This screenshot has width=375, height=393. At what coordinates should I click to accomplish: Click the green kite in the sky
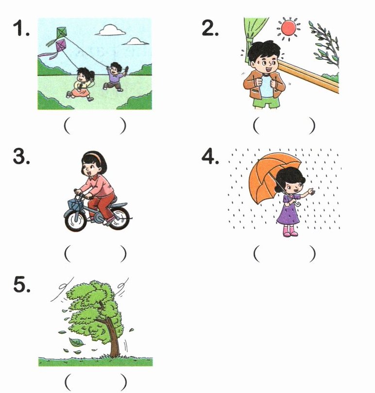(x=61, y=33)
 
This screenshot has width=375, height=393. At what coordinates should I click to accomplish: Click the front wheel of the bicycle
(x=75, y=221)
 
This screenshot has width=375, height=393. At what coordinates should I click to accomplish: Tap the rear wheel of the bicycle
(x=120, y=219)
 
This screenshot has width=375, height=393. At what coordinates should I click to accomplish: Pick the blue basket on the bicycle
(x=76, y=204)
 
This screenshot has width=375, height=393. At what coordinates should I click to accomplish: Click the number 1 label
(x=21, y=28)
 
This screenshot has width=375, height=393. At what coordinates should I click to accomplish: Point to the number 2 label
(x=210, y=28)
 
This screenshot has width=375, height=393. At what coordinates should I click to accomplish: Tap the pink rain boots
(x=290, y=231)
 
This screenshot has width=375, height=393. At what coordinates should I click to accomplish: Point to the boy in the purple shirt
(x=115, y=76)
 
